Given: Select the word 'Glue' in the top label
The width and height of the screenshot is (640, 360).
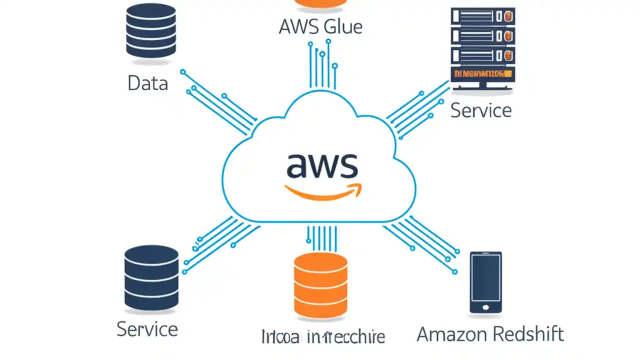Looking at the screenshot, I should tap(342, 26).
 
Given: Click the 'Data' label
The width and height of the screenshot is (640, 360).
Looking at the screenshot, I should tap(147, 83).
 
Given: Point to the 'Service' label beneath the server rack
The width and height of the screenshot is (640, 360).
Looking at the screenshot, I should tap(480, 110).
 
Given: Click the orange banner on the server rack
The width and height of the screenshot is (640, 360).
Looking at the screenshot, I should tap(482, 74).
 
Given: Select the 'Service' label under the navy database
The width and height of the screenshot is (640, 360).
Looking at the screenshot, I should tap(147, 329).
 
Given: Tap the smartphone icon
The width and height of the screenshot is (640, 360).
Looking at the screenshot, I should tap(485, 282).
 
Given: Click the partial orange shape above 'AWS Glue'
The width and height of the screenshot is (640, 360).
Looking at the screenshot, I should tap(320, 3).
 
